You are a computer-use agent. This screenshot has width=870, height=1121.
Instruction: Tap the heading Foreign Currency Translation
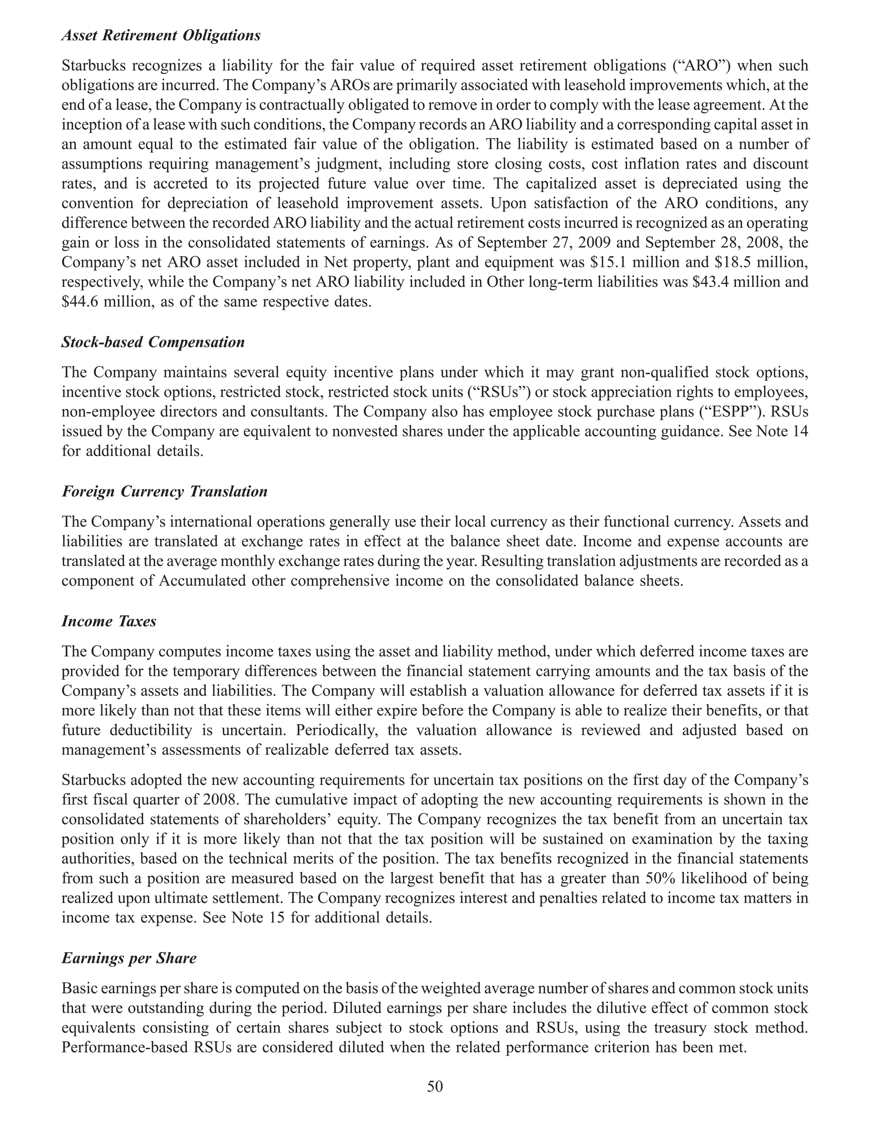click(x=164, y=491)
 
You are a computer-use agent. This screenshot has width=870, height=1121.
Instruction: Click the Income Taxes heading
click(x=109, y=621)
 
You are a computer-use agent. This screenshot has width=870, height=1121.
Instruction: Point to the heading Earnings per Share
click(x=129, y=958)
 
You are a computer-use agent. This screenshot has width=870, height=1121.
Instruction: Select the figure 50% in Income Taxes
click(x=657, y=878)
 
